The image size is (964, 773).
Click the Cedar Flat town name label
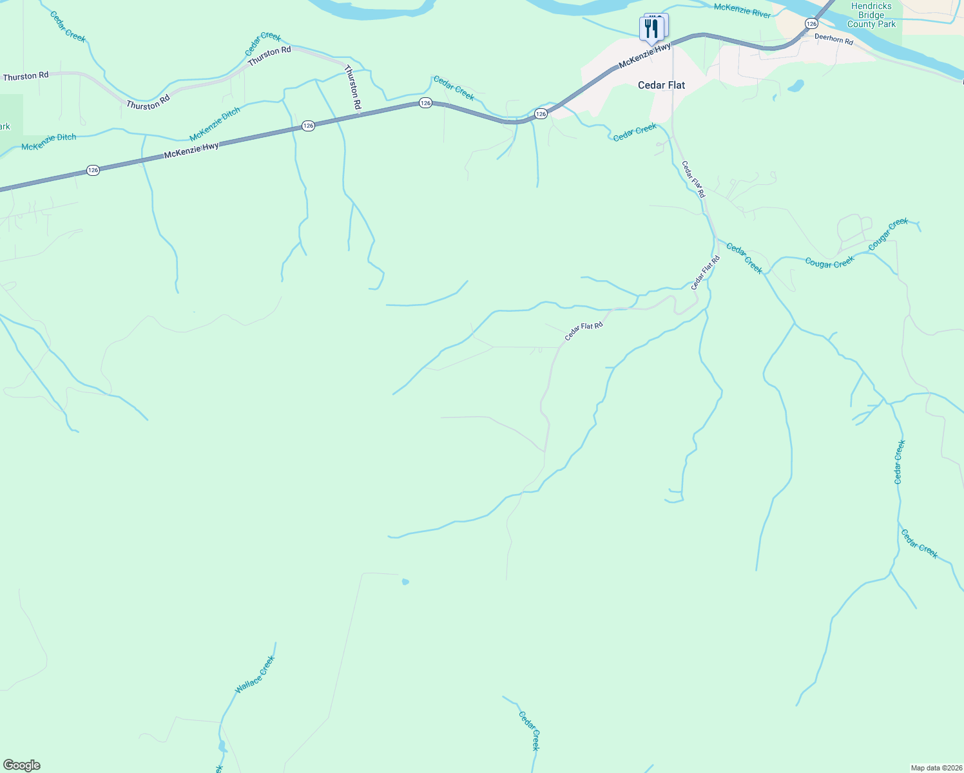coord(661,85)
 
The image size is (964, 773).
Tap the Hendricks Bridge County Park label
coord(871,15)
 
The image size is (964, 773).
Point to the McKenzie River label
coord(742,10)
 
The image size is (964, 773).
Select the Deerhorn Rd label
coord(834,39)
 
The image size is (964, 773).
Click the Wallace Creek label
coord(255,674)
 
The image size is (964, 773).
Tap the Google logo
coord(21,765)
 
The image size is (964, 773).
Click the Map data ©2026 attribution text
coord(935,768)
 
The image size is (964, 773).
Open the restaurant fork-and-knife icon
coord(651,29)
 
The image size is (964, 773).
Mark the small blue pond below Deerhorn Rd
coord(796,85)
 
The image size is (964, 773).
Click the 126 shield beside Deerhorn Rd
coord(811,23)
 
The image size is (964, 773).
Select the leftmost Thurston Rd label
coord(26,76)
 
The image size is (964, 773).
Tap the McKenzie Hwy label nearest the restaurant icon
coord(644,56)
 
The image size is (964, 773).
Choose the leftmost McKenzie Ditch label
coord(49,142)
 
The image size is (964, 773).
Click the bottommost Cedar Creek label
coord(528,730)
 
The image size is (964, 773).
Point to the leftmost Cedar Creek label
coord(68,26)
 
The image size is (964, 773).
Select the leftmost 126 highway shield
coord(93,171)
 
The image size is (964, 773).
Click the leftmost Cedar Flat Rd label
coord(584,331)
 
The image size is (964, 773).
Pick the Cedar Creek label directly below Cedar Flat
coord(635,133)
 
